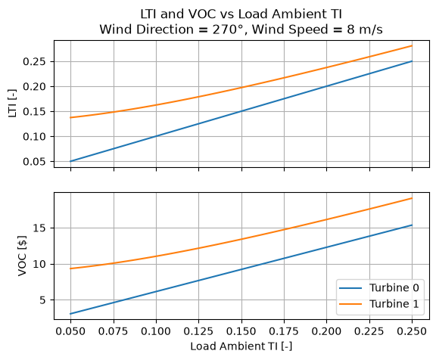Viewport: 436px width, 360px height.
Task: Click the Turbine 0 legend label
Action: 394,288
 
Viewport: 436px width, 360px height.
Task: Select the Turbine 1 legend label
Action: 394,304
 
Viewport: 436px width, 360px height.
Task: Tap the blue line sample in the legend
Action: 350,288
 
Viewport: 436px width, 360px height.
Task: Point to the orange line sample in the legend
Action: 350,304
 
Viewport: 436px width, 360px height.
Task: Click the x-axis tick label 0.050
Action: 70,331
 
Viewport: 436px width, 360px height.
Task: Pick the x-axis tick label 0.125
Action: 198,331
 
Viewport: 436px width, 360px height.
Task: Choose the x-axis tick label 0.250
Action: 412,331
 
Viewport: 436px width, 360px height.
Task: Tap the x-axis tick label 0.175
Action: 284,331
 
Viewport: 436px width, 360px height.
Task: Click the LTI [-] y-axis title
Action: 13,104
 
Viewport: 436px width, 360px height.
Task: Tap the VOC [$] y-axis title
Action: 22,256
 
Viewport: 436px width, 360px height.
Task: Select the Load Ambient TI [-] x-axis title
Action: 241,346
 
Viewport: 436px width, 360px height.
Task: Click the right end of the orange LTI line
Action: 412,46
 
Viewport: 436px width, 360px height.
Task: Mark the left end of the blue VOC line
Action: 70,314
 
